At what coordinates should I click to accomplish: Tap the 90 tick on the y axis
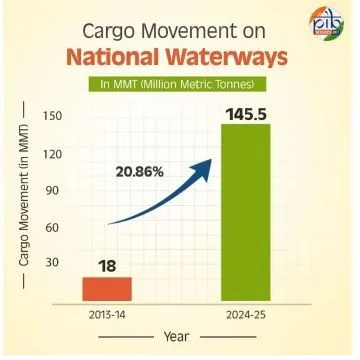(52, 191)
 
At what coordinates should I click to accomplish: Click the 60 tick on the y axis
(52, 228)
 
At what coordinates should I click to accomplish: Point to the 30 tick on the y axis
(52, 264)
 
